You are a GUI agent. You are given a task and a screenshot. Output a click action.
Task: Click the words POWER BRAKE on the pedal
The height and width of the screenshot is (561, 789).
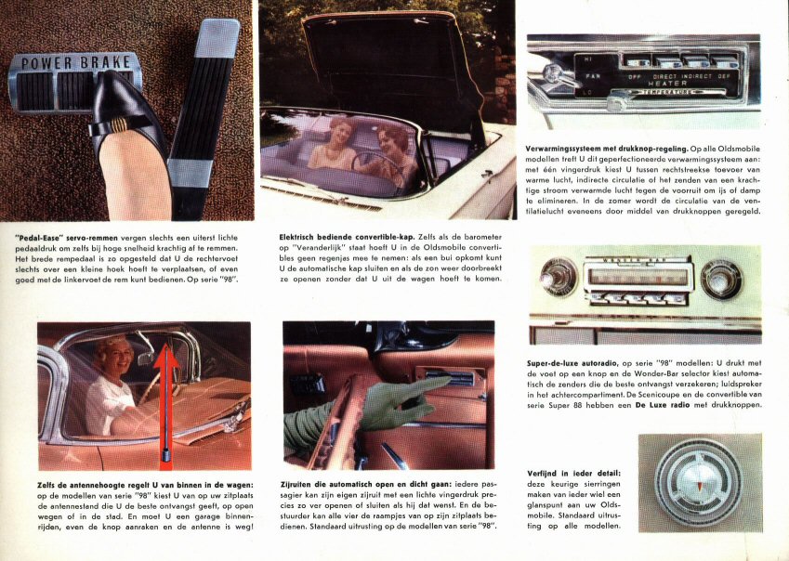point(76,63)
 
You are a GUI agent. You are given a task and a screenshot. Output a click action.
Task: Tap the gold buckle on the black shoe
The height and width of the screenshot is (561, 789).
point(119,124)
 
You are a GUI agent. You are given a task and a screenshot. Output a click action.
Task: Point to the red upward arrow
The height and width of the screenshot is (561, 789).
point(166,402)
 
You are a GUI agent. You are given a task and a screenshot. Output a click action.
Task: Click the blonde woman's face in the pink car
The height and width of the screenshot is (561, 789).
point(117,356)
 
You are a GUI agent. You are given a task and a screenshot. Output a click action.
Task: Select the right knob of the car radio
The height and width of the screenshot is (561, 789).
point(721,280)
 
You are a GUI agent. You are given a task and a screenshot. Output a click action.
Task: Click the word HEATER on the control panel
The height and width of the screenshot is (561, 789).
point(667,83)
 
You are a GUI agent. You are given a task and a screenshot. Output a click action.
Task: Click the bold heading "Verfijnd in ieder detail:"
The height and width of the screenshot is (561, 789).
point(573,474)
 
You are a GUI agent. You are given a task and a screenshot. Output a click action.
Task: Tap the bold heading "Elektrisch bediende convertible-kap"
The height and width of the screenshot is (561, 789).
point(347,237)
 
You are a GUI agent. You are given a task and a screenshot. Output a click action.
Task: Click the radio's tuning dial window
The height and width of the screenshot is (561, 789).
point(638,277)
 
